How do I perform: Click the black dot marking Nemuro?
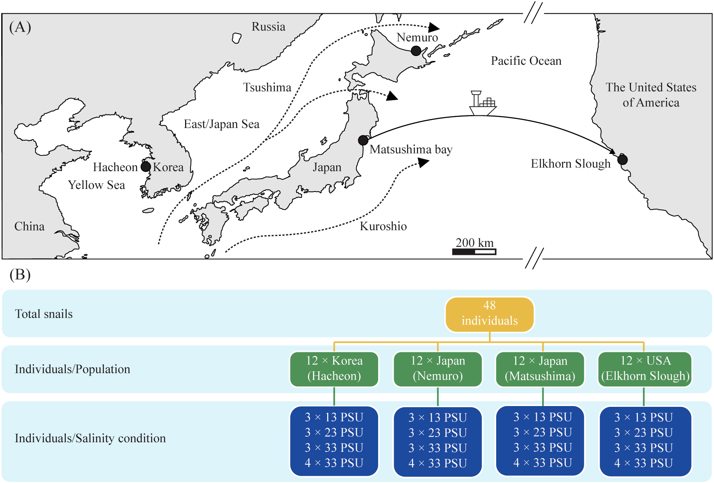[x=416, y=51]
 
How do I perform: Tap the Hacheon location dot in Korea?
[x=145, y=166]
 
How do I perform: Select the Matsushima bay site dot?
[x=363, y=140]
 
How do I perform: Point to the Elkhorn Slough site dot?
[x=622, y=159]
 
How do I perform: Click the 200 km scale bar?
[x=474, y=251]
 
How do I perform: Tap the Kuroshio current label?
[x=383, y=226]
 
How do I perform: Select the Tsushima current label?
[x=267, y=88]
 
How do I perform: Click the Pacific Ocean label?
[x=526, y=61]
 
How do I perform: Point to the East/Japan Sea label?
[x=221, y=124]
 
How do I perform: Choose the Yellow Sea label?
[x=96, y=185]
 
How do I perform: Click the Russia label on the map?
[x=268, y=27]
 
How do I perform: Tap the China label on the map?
[x=29, y=226]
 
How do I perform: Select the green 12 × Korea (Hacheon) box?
[x=334, y=369]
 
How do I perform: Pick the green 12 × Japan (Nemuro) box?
[x=438, y=369]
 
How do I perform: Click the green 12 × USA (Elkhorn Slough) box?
[x=645, y=369]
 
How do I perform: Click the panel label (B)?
[x=20, y=275]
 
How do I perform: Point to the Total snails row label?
[x=44, y=314]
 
